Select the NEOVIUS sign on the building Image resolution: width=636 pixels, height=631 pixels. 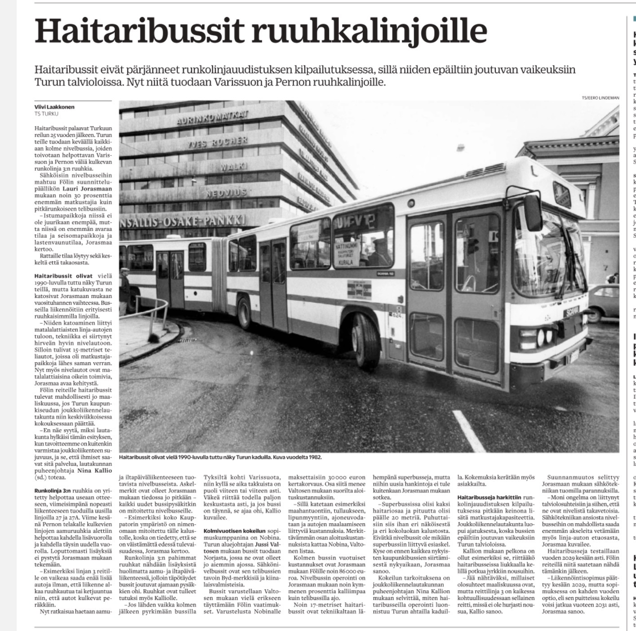pyautogui.click(x=226, y=193)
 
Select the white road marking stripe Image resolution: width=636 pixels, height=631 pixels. pyautogui.click(x=466, y=431)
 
